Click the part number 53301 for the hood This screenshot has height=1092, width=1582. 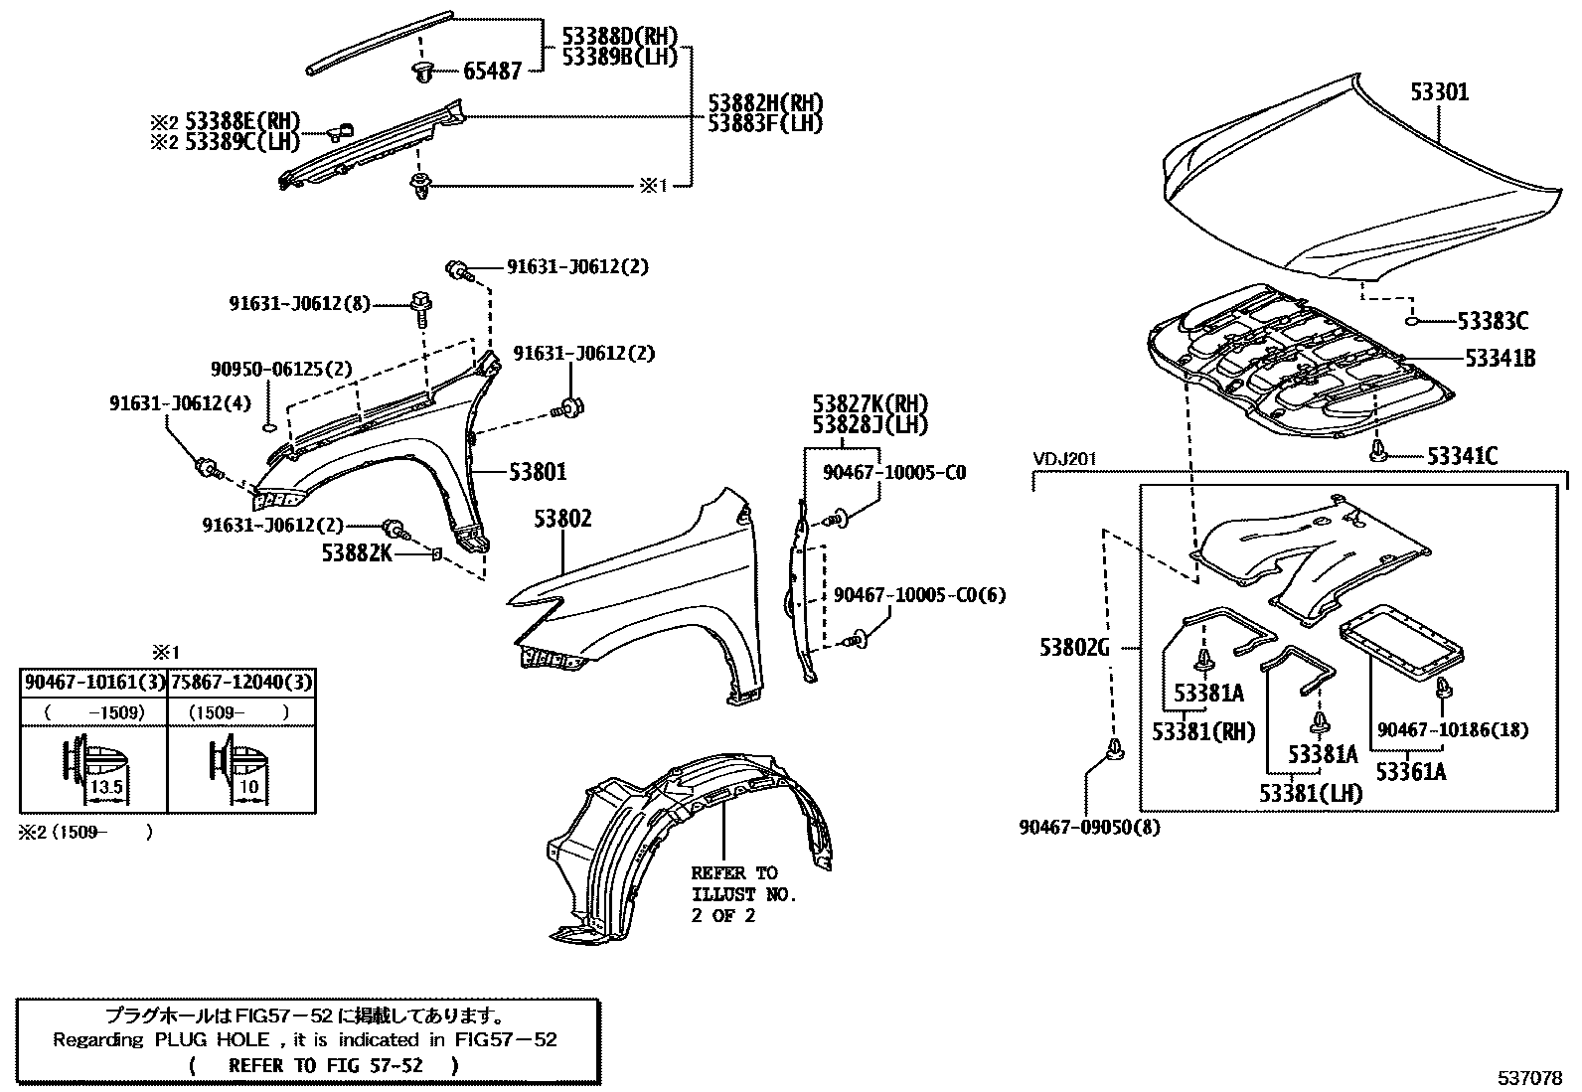[1439, 91]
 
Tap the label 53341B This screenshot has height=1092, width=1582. [1501, 359]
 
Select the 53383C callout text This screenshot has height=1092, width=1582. [1493, 321]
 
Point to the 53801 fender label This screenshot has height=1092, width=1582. [539, 472]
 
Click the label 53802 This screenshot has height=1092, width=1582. [562, 519]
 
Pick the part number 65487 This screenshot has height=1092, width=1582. [492, 71]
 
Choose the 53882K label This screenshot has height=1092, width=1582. [357, 553]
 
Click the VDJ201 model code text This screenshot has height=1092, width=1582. [1065, 459]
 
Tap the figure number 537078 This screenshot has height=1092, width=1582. [1529, 1078]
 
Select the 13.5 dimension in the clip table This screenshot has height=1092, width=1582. [106, 787]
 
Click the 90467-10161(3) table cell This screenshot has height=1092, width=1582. [94, 683]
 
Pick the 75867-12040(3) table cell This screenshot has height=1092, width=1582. [241, 683]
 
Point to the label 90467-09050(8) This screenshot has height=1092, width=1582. [1090, 827]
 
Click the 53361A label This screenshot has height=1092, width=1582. [1411, 772]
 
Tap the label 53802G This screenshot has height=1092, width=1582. [1074, 647]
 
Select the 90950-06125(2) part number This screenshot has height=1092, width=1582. [281, 370]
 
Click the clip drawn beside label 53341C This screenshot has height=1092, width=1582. [1377, 451]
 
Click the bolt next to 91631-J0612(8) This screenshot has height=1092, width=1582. [421, 308]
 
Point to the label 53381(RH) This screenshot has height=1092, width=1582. [1204, 731]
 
